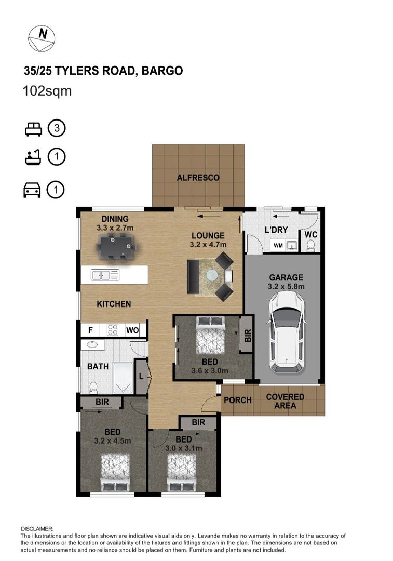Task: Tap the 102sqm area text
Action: pos(47,91)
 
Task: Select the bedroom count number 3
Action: pos(57,128)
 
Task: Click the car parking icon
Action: pos(32,191)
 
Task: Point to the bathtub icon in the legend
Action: pos(33,157)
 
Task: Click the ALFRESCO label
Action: pos(198,178)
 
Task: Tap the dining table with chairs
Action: pos(116,246)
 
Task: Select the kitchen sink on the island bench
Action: pos(105,274)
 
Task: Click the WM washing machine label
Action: pos(278,245)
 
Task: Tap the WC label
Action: pos(310,235)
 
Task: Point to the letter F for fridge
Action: pos(90,330)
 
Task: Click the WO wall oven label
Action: pos(132,330)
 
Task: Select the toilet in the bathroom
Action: pos(93,387)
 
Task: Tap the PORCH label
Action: pos(237,400)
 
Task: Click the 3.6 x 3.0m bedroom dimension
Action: pos(210,371)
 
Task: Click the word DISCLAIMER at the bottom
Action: pos(37,528)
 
